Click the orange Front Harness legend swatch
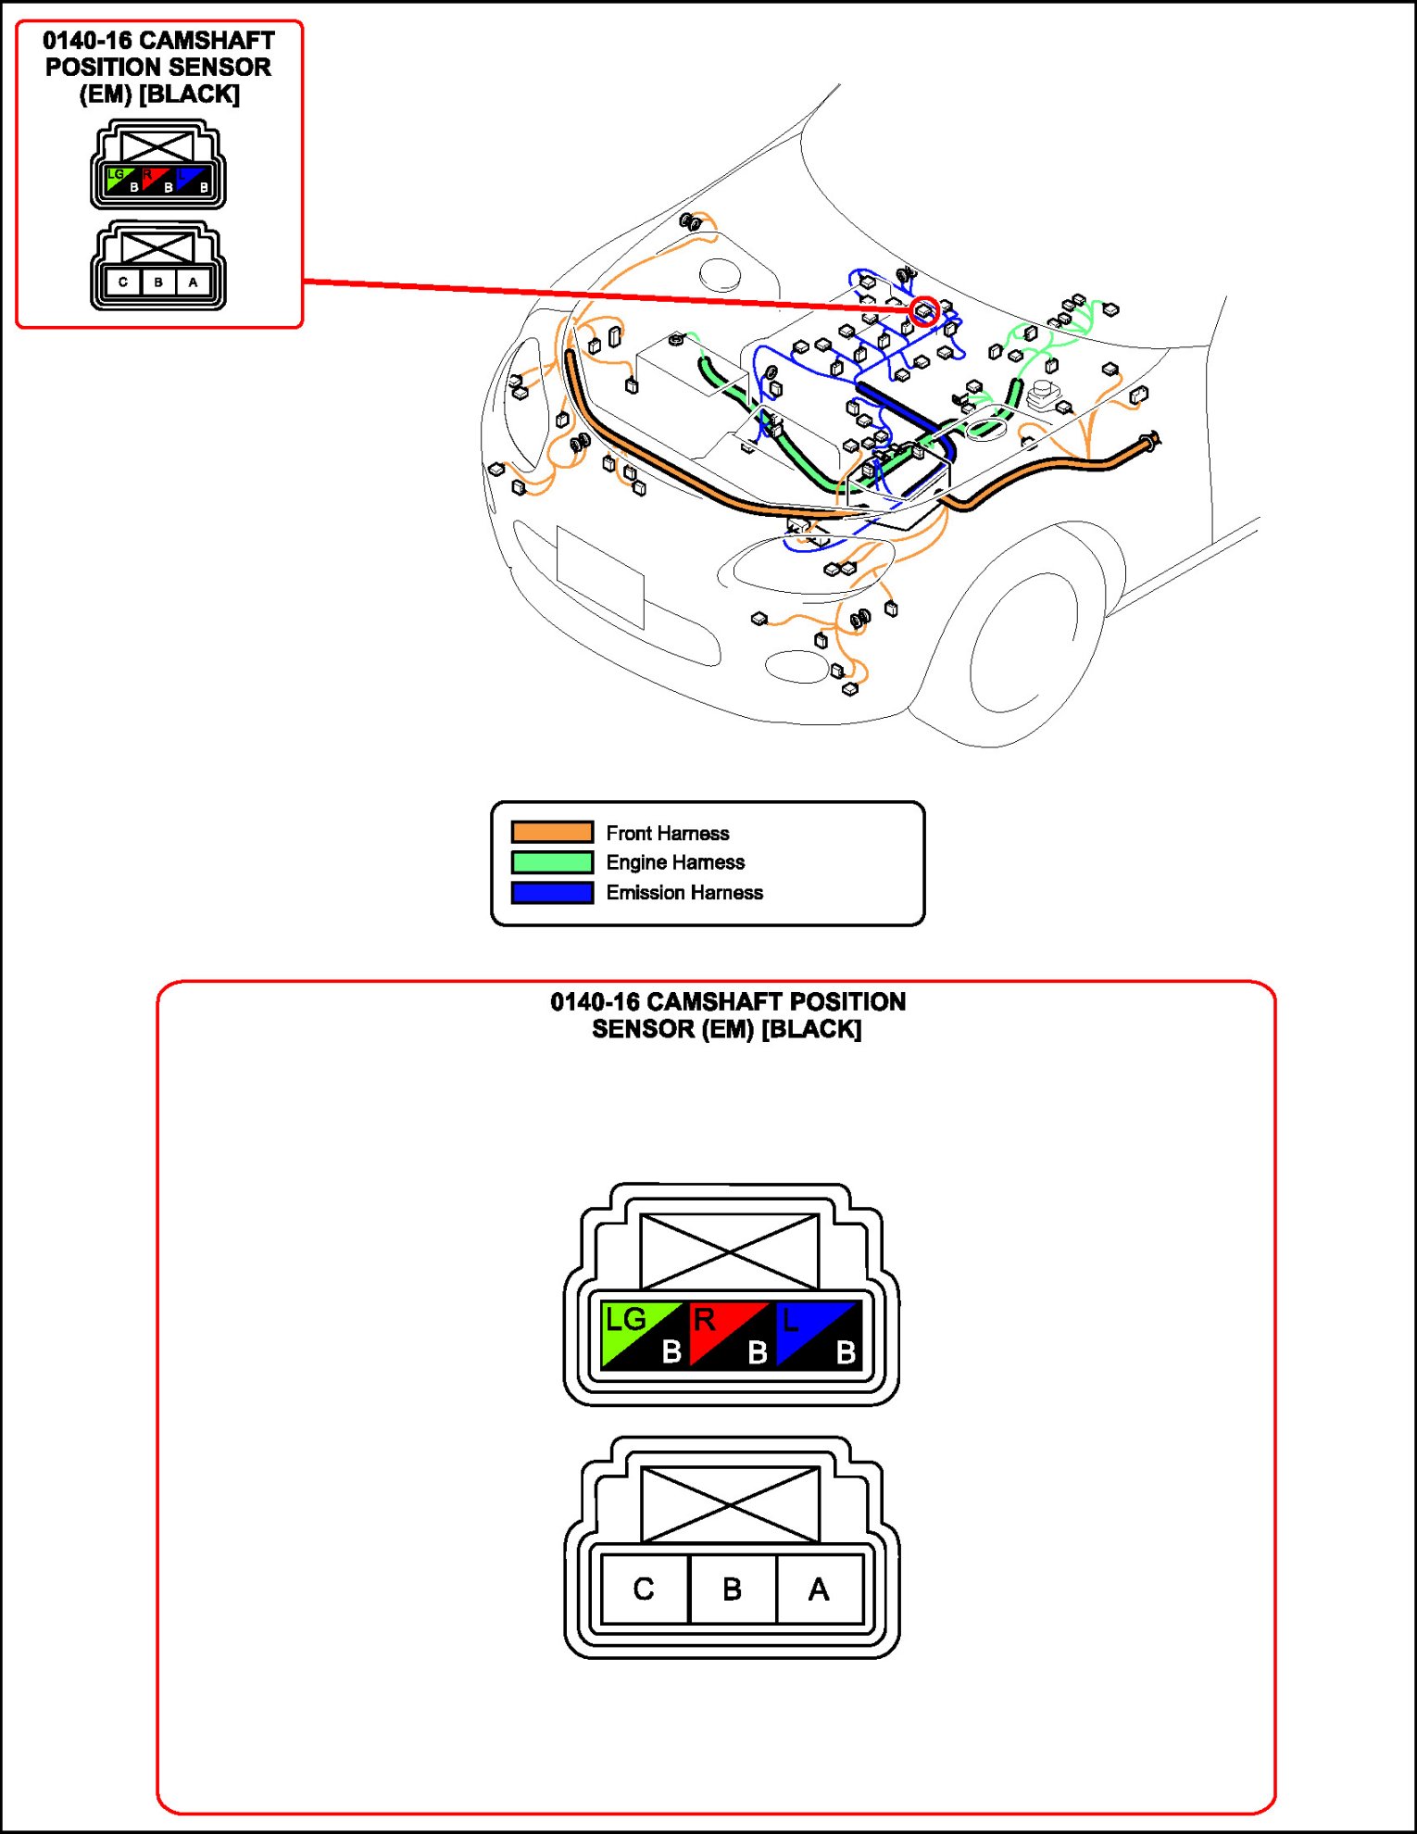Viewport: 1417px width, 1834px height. (552, 832)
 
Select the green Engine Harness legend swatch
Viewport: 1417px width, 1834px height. (552, 862)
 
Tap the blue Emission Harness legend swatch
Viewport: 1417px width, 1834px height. (552, 892)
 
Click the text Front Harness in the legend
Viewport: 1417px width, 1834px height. (667, 833)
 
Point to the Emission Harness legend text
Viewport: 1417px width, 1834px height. (684, 892)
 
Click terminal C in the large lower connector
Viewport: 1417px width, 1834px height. (644, 1589)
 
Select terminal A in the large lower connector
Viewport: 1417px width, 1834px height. (819, 1589)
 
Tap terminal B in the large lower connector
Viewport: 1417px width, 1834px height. (732, 1589)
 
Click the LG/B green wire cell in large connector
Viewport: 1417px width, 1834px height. (643, 1335)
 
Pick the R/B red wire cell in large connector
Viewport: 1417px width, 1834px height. (730, 1335)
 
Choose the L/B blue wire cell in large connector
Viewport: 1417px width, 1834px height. (818, 1335)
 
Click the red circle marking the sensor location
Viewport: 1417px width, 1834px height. (924, 311)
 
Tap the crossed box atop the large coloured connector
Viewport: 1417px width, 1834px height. (730, 1251)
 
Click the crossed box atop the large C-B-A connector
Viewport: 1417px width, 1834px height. (730, 1503)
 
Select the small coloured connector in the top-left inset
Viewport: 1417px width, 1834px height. (158, 167)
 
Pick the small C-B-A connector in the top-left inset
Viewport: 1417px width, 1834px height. (158, 267)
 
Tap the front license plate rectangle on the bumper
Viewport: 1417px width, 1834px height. (600, 576)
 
